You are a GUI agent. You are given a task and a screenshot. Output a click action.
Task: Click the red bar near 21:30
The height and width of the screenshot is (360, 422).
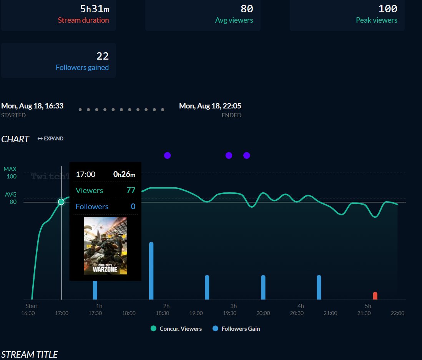[x=375, y=295]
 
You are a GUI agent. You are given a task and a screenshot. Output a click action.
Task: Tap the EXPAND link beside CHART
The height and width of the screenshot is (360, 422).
[x=51, y=138]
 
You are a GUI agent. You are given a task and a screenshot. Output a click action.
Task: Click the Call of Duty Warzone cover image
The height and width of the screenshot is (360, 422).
[x=105, y=246]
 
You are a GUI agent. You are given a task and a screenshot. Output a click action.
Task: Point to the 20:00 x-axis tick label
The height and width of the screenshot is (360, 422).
[x=263, y=313]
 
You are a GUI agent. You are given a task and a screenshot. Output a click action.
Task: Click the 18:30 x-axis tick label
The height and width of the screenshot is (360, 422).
[x=162, y=313]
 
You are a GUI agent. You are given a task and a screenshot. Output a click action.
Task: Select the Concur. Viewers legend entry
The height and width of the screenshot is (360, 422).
[x=176, y=328]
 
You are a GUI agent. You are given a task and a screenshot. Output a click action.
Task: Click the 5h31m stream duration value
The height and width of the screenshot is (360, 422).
[x=95, y=8]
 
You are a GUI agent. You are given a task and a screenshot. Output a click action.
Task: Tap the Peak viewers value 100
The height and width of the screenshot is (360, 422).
[x=388, y=8]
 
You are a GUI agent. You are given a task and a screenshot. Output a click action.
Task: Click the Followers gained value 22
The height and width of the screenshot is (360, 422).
[x=103, y=56]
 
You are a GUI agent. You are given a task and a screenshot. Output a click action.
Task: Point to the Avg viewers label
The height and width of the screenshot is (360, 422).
[x=234, y=20]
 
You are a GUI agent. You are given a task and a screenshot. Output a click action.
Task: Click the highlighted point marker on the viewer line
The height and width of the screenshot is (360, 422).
[x=61, y=202]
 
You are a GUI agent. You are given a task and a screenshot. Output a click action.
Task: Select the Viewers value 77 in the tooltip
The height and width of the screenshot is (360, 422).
[x=131, y=190]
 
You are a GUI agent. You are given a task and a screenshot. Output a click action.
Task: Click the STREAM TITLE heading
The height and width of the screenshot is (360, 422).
[x=30, y=354]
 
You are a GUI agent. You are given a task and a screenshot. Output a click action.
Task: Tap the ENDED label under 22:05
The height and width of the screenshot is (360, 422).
[x=231, y=115]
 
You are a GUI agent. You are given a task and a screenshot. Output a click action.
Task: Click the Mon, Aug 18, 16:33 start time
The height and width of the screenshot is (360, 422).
[x=32, y=106]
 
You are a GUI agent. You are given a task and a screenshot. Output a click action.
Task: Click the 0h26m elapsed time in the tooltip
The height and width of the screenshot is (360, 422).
[x=124, y=174]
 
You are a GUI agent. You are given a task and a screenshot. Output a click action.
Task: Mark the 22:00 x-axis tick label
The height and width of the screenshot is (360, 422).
[x=397, y=313]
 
